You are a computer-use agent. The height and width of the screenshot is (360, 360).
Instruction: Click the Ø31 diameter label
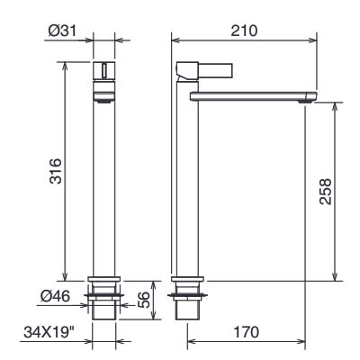[x=62, y=31]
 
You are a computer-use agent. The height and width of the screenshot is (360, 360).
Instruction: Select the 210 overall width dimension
[x=244, y=31]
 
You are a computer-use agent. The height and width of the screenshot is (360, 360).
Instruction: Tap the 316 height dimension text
[x=56, y=171]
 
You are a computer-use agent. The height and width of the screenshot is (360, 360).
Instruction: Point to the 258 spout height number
[x=326, y=192]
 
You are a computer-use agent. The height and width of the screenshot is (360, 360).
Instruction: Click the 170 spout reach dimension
[x=246, y=332]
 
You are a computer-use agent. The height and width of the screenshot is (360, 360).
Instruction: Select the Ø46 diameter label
[x=55, y=296]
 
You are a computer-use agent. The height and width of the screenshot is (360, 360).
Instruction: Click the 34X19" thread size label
[x=49, y=332]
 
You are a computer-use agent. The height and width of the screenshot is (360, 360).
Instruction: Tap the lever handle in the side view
[x=215, y=69]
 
